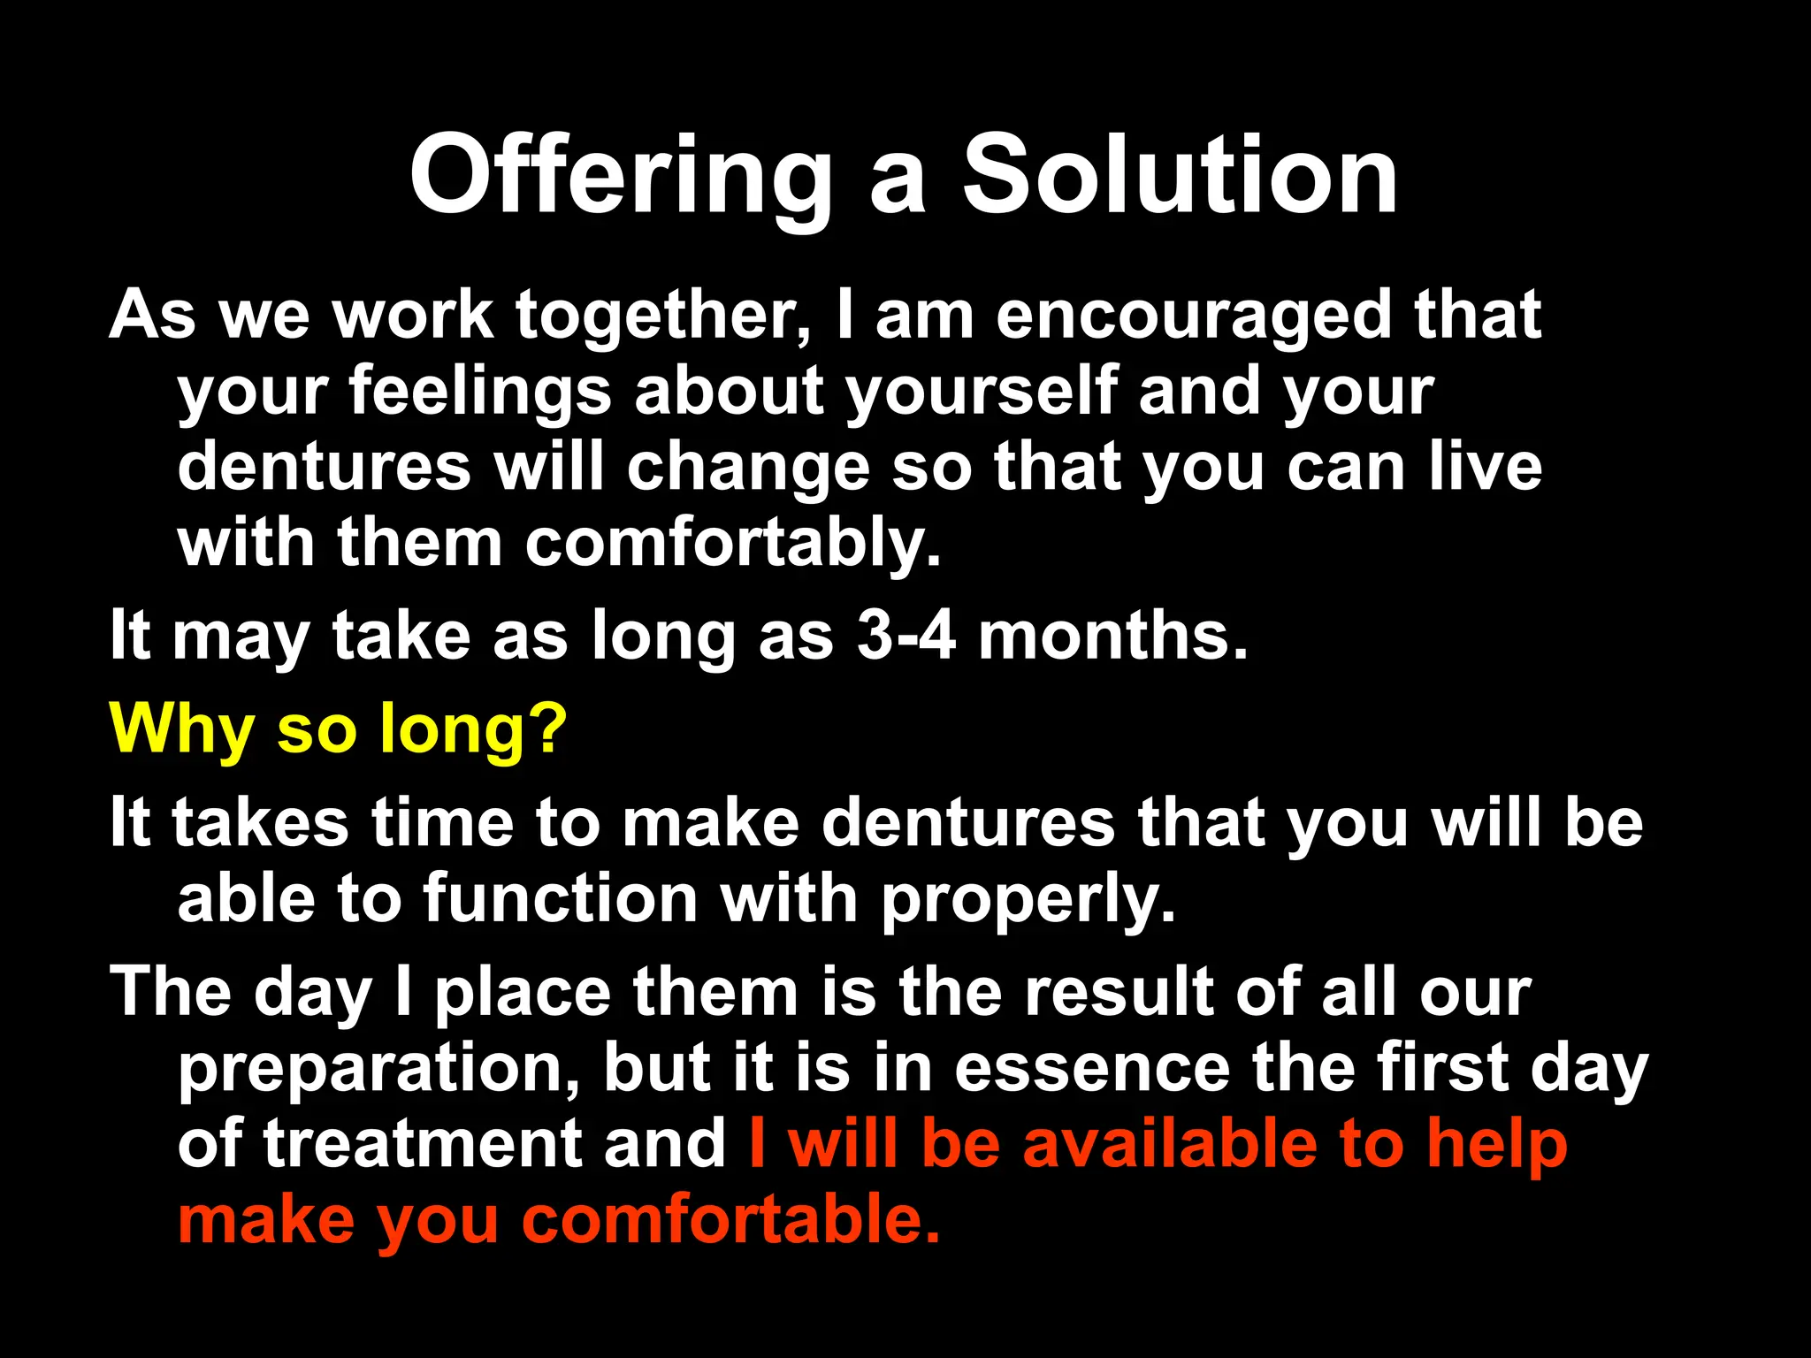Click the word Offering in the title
click(620, 177)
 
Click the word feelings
click(480, 393)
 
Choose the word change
click(748, 469)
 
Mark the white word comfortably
click(733, 545)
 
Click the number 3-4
click(905, 636)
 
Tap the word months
click(1113, 636)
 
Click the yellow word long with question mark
click(473, 730)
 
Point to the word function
click(561, 899)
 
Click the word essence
click(1092, 1068)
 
